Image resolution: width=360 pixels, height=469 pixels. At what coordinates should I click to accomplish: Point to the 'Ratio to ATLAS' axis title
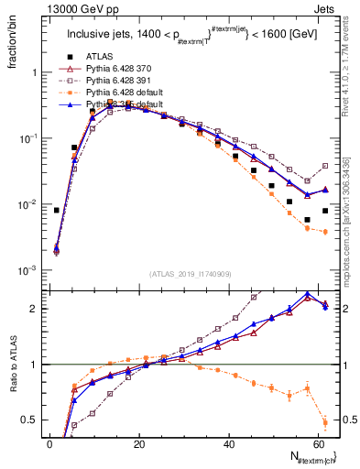click(12, 365)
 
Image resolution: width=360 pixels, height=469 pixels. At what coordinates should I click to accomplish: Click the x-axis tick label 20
click(138, 445)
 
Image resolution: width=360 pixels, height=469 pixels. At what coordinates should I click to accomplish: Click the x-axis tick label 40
click(227, 445)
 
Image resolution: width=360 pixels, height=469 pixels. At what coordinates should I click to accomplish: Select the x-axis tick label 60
click(316, 445)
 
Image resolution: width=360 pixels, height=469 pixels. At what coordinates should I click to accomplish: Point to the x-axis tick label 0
click(49, 445)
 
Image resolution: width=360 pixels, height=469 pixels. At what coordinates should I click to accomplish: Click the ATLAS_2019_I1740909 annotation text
click(191, 273)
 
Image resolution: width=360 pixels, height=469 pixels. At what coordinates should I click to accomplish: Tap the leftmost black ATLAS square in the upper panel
click(57, 210)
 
